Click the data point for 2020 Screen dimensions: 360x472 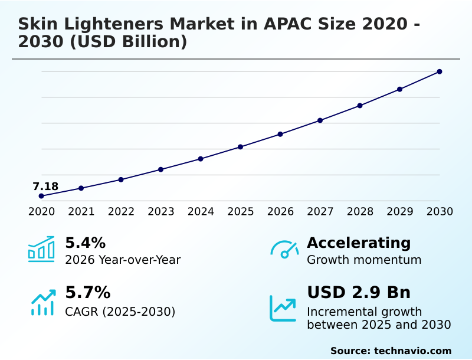41,196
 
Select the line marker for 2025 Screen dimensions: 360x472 240,147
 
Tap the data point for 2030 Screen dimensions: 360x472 440,72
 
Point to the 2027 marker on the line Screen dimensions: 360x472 320,120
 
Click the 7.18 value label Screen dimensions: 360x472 45,187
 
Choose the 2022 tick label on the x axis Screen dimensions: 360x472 121,211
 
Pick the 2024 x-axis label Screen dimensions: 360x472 201,211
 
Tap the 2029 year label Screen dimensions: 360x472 399,211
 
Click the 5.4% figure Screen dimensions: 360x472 85,243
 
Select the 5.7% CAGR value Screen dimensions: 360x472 87,293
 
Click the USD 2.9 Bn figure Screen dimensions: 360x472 359,293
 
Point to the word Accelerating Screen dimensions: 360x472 359,243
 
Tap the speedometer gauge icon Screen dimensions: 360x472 284,249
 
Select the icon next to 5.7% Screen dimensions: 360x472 42,302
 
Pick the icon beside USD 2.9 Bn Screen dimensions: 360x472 283,308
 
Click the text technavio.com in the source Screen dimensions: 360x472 412,351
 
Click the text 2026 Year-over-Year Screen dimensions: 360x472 123,260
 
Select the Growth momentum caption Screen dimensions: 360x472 364,260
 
